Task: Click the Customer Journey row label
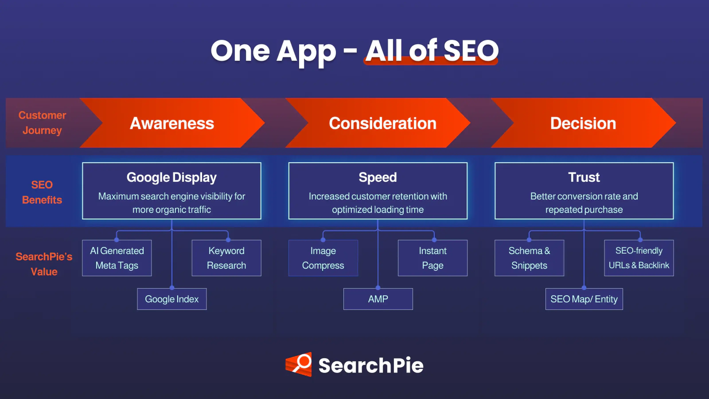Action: pyautogui.click(x=42, y=123)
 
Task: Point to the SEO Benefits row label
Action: pyautogui.click(x=42, y=192)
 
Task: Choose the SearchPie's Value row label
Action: pyautogui.click(x=44, y=264)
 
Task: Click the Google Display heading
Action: pyautogui.click(x=171, y=177)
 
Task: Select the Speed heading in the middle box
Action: pyautogui.click(x=378, y=177)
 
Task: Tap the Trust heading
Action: pyautogui.click(x=584, y=177)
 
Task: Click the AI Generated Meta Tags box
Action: pyautogui.click(x=117, y=258)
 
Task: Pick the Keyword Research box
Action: pyautogui.click(x=226, y=258)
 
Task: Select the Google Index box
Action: pyautogui.click(x=172, y=299)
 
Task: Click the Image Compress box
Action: pyautogui.click(x=323, y=258)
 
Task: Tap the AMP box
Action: pyautogui.click(x=378, y=299)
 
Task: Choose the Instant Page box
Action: pyautogui.click(x=432, y=258)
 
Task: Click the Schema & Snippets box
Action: pyautogui.click(x=529, y=258)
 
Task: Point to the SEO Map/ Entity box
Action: pyautogui.click(x=584, y=299)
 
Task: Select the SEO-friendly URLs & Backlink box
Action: pyautogui.click(x=639, y=258)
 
